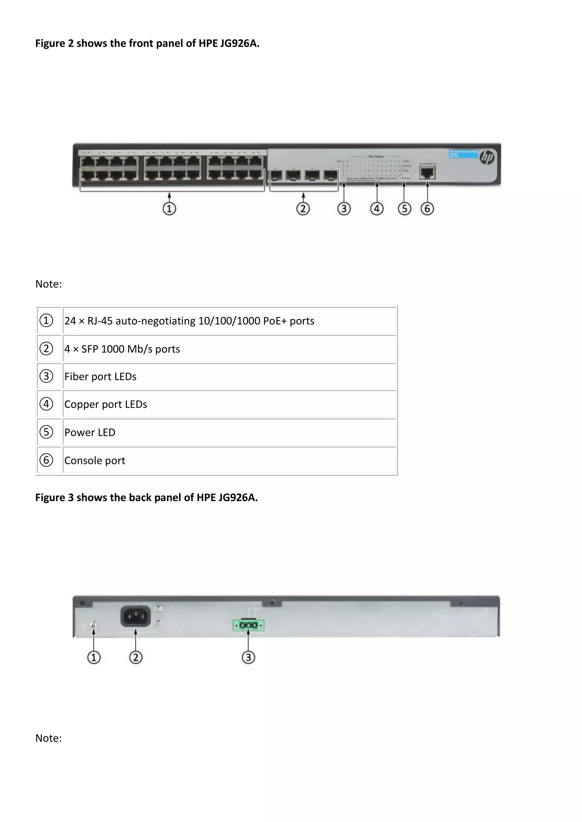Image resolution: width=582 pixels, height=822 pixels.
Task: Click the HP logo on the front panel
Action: click(x=487, y=157)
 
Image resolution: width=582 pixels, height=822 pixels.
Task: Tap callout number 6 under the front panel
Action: click(x=427, y=209)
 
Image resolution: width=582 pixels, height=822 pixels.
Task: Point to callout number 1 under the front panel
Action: click(x=169, y=209)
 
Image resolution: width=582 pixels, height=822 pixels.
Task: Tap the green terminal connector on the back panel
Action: click(x=248, y=626)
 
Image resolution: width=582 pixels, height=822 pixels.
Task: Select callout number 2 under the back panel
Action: click(x=136, y=657)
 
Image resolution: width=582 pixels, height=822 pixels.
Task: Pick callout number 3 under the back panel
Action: click(x=248, y=657)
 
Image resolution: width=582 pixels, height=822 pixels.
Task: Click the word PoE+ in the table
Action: click(x=275, y=321)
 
